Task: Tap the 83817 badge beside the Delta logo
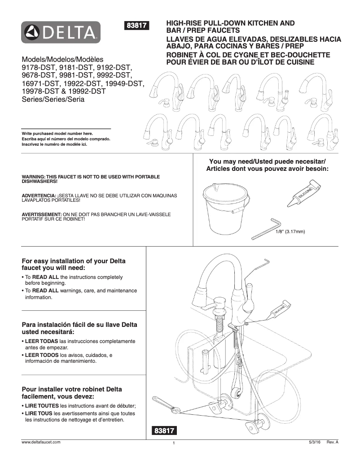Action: tap(138, 26)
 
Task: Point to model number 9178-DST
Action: tap(40, 67)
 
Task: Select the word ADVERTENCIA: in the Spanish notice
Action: tap(39, 196)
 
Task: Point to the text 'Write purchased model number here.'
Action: tap(57, 134)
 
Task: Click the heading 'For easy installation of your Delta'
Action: tap(74, 261)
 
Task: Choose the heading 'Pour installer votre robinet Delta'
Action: tap(72, 389)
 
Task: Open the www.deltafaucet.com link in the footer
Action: tap(41, 442)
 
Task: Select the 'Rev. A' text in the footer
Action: tap(332, 442)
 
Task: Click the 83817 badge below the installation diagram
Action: tap(164, 431)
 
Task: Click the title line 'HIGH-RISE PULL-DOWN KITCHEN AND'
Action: tap(230, 23)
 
